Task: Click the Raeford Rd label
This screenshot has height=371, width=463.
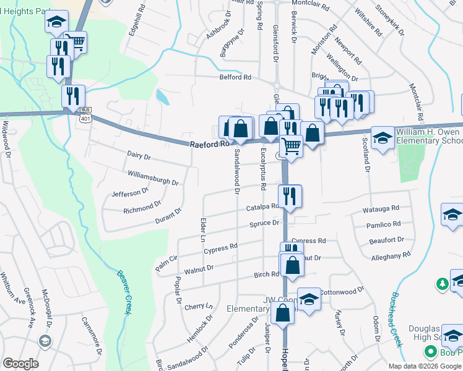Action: click(210, 143)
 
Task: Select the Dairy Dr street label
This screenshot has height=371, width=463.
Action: click(139, 159)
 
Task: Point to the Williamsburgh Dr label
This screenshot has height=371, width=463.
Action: click(153, 178)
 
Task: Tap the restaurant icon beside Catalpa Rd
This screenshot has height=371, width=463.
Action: click(290, 196)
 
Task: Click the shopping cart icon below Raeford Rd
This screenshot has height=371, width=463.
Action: click(291, 147)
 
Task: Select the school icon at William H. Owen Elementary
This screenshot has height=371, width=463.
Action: click(383, 139)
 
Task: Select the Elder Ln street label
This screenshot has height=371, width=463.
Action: click(202, 228)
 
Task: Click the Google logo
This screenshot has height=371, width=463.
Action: click(20, 364)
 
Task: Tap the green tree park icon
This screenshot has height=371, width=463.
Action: click(442, 284)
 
